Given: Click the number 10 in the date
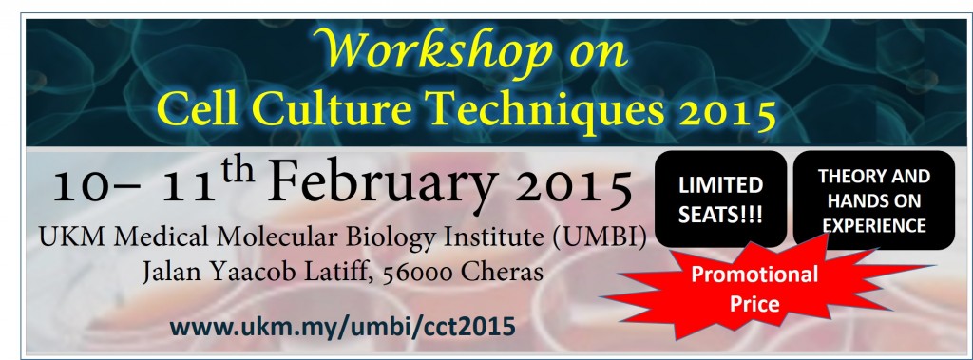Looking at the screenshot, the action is click(78, 185).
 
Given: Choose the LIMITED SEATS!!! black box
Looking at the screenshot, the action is click(720, 199).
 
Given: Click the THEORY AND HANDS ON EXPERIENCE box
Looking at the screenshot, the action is click(874, 200).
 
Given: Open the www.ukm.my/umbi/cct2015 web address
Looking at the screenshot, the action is click(342, 325).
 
